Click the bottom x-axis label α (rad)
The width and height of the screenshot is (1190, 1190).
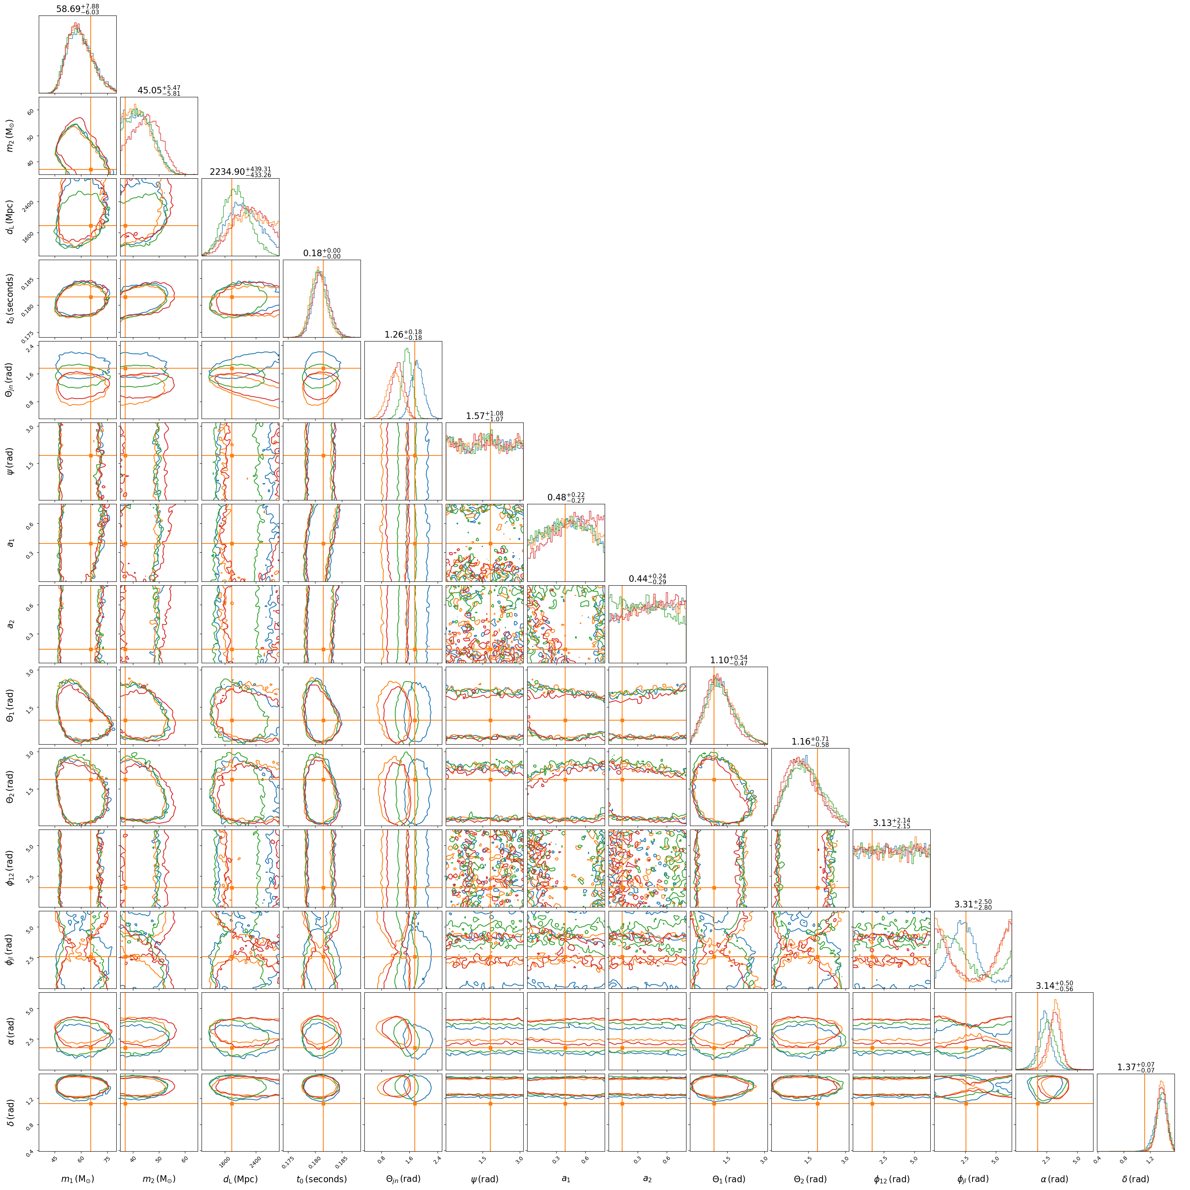(x=1054, y=1179)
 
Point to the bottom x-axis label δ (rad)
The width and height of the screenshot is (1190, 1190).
(x=1136, y=1179)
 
